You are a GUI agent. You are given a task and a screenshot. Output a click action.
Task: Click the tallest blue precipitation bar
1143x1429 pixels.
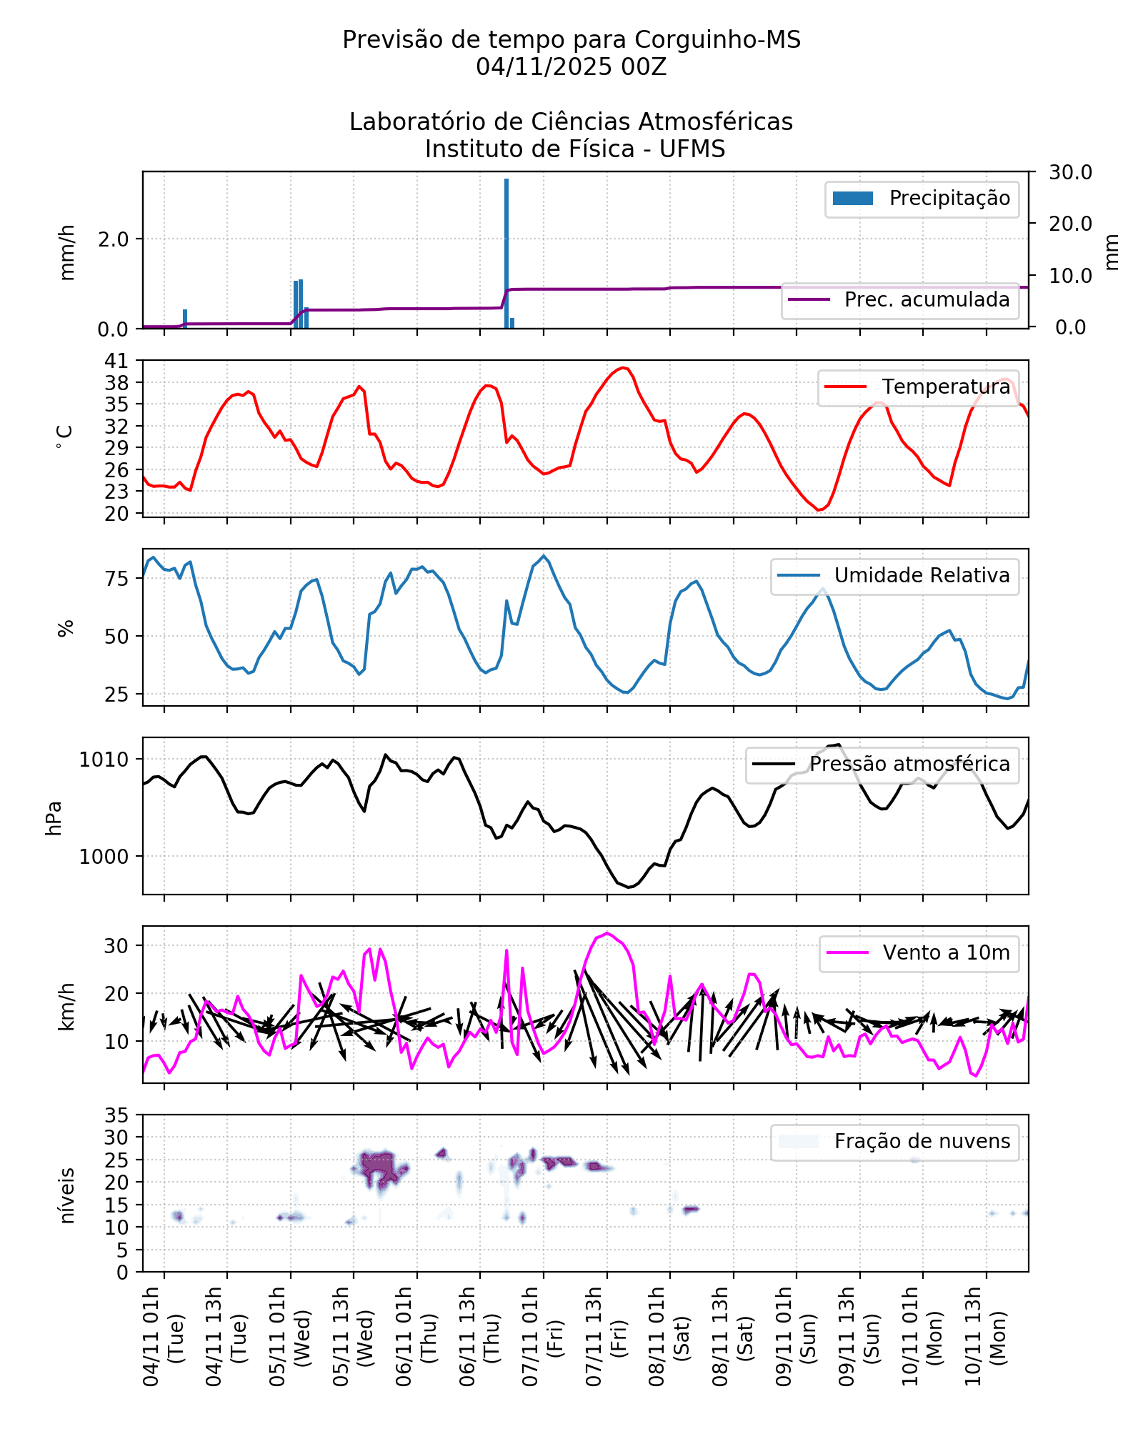point(506,254)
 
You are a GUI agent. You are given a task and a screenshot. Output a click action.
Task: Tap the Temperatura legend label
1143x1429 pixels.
point(946,387)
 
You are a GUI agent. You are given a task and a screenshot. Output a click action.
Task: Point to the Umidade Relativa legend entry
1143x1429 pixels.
point(922,576)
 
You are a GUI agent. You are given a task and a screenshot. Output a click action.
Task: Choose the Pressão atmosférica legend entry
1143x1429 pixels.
point(909,765)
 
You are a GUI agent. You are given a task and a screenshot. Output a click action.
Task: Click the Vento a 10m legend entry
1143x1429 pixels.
point(946,953)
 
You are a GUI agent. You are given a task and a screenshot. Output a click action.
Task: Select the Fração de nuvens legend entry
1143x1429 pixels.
point(922,1142)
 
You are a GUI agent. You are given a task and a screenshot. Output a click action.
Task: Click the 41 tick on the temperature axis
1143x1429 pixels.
point(117,361)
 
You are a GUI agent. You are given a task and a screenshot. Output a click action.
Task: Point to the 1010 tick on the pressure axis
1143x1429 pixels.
point(104,760)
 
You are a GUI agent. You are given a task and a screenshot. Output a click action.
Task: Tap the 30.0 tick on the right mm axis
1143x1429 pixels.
point(1070,172)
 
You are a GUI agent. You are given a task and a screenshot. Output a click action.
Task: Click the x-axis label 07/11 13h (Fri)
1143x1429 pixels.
point(605,1336)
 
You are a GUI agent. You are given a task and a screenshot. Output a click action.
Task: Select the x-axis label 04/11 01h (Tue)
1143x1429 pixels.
point(163,1336)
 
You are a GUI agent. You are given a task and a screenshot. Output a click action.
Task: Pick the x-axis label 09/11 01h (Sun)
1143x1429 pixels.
point(795,1336)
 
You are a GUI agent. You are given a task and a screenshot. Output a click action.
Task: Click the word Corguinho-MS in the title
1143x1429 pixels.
point(717,40)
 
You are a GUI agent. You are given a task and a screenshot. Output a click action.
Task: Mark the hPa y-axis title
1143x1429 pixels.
point(54,817)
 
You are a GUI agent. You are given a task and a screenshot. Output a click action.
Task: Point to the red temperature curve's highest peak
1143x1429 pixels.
point(624,368)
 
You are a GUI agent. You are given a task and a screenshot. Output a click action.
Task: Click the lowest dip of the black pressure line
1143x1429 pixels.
point(629,887)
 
